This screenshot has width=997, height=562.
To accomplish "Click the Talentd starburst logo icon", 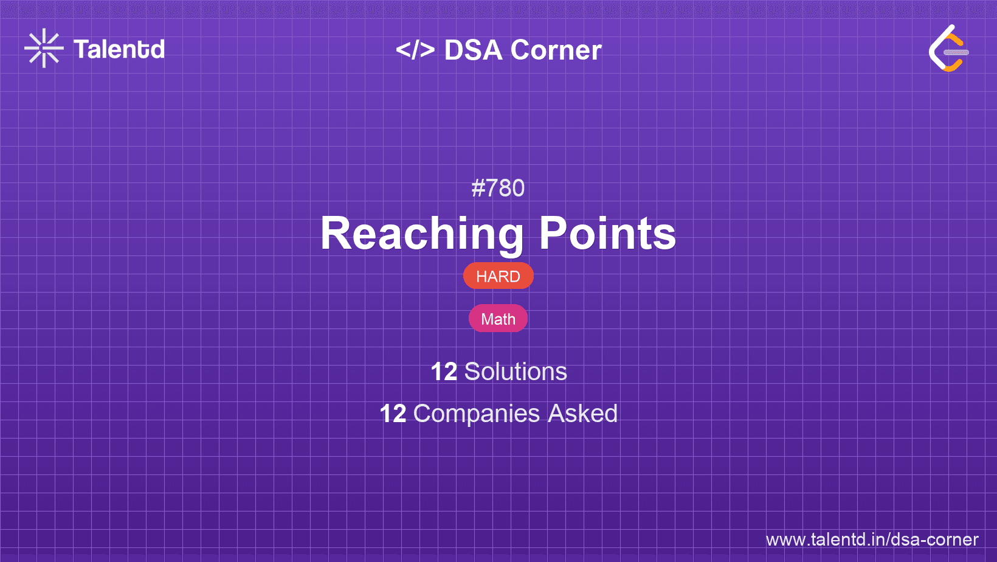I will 44,48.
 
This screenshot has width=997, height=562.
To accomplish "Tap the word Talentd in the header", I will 119,49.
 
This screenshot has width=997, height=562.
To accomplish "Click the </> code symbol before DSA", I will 415,50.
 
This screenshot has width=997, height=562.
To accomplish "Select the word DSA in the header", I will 474,50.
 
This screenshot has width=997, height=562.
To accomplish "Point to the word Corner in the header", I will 556,50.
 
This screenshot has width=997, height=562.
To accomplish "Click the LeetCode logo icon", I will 948,49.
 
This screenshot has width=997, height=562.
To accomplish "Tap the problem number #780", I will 498,189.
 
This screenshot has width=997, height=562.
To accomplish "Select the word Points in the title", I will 607,234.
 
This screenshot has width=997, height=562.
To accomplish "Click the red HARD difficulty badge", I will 498,276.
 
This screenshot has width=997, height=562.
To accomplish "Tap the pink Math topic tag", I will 498,319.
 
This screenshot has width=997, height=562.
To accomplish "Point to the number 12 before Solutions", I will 444,372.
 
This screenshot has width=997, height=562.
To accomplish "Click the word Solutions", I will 516,372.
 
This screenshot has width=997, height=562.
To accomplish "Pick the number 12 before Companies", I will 393,414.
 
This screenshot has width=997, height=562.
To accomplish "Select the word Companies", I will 477,414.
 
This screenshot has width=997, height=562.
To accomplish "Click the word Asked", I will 582,414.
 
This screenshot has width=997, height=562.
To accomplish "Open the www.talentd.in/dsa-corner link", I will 872,539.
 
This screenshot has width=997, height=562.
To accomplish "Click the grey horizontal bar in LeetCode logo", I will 956,52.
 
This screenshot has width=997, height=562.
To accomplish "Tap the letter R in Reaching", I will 336,234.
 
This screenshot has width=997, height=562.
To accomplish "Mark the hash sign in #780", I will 478,189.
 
